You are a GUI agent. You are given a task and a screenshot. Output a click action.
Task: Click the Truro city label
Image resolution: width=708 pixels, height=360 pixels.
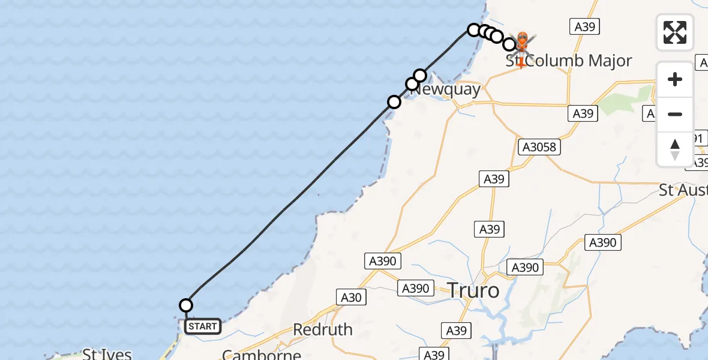pos(473,291)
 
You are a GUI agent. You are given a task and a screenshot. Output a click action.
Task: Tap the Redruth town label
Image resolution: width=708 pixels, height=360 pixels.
pos(323,329)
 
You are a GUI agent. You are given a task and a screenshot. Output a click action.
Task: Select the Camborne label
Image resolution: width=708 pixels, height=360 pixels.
pos(261,354)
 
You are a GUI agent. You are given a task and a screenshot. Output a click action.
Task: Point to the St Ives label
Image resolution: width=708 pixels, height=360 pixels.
pos(107,354)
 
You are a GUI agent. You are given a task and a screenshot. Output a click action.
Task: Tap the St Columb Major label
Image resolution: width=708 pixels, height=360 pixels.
pos(569,61)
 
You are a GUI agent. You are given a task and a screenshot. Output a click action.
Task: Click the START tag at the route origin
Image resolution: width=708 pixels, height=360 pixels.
pos(202,326)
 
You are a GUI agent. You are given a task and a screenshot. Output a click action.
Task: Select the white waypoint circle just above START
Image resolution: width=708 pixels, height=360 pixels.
pos(186,305)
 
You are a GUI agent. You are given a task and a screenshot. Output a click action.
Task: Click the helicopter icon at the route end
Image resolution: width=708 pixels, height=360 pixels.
pos(521,42)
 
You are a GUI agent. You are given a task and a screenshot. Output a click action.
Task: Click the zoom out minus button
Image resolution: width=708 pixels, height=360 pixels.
pos(675,115)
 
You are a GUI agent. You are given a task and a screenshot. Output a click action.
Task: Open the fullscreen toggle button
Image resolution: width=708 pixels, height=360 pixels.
pos(675,32)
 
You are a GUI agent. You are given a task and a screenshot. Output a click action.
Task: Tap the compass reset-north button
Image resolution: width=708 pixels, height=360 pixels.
pos(675,149)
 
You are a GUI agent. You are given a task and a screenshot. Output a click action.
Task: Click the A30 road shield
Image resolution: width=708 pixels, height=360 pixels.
pos(352,296)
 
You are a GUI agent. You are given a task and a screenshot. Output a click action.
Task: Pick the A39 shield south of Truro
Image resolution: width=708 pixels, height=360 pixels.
pos(457,330)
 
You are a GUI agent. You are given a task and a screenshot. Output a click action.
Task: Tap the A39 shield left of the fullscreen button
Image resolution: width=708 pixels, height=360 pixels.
pos(584,26)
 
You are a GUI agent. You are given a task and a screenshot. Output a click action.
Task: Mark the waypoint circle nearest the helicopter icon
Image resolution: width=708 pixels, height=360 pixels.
pos(509,44)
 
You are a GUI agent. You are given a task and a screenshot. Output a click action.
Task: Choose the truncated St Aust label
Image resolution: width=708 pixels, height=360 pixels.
pos(683,190)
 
